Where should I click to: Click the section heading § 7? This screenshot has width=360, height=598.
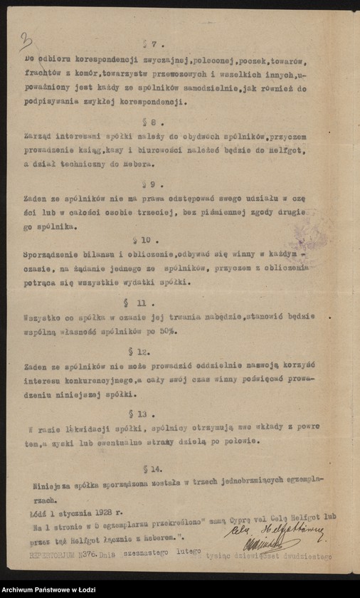pyautogui.click(x=148, y=45)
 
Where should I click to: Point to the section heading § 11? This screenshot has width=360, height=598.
pyautogui.click(x=142, y=302)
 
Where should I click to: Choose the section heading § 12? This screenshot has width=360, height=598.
pyautogui.click(x=142, y=351)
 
